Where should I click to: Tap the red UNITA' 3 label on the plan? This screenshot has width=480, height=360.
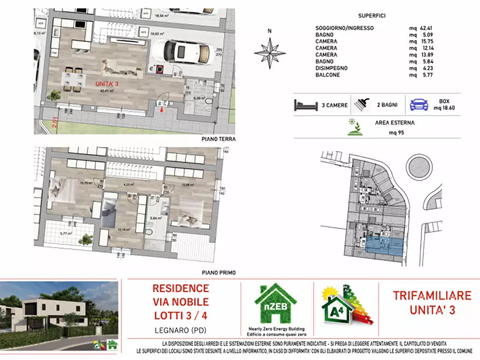click(x=108, y=84)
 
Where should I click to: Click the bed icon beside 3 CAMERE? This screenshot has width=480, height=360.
click(x=306, y=105)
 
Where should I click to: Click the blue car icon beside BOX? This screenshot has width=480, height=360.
click(x=419, y=104)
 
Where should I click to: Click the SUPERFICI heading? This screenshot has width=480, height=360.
click(x=371, y=16)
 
